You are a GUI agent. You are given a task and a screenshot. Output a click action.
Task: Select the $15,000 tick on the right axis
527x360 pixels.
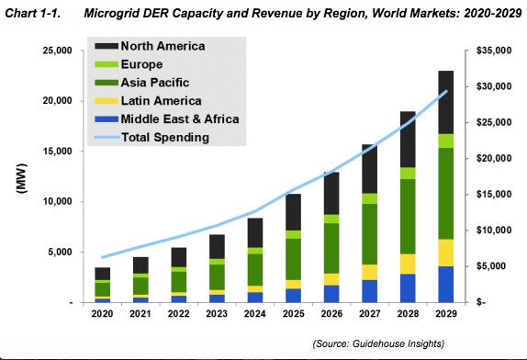pos(486,195)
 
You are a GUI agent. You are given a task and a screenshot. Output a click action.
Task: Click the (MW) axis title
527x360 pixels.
pos(19,177)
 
